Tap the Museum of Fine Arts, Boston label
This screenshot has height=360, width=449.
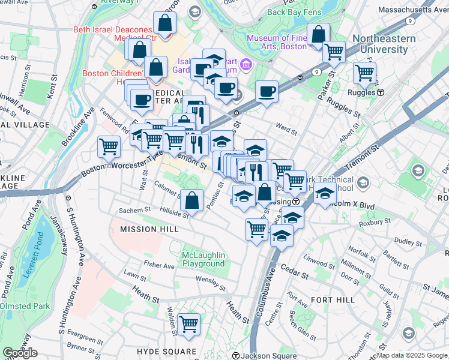277,43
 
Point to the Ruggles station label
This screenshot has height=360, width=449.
368,92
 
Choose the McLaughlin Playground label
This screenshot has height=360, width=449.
203,259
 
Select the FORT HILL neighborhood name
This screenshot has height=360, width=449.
329,299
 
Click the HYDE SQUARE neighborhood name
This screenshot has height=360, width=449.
166,352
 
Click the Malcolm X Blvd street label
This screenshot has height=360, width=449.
357,206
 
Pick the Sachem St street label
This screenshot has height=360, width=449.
134,211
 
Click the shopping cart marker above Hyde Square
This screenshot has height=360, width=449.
188,324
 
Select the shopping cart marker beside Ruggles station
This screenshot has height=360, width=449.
364,73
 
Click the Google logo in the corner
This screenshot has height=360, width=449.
20,353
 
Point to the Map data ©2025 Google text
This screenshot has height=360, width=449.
412,355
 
